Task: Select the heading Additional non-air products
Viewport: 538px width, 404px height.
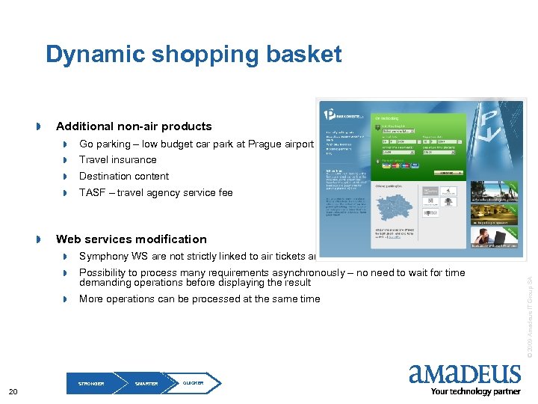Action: coord(134,126)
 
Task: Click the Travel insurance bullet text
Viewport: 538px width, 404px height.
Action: coord(118,159)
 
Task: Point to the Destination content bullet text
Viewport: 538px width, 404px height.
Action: coord(124,176)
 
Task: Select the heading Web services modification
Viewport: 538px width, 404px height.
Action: coord(132,239)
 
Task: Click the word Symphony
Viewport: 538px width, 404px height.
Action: coord(104,256)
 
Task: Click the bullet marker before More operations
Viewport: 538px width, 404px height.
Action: coord(66,299)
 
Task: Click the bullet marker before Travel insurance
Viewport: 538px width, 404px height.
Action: coord(66,160)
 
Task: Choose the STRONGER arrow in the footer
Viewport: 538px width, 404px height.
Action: coord(93,383)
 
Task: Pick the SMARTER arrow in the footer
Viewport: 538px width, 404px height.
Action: coord(146,383)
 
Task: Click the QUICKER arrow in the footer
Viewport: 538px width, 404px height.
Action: coord(194,383)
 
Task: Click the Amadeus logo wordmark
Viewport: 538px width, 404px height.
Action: coord(465,374)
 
